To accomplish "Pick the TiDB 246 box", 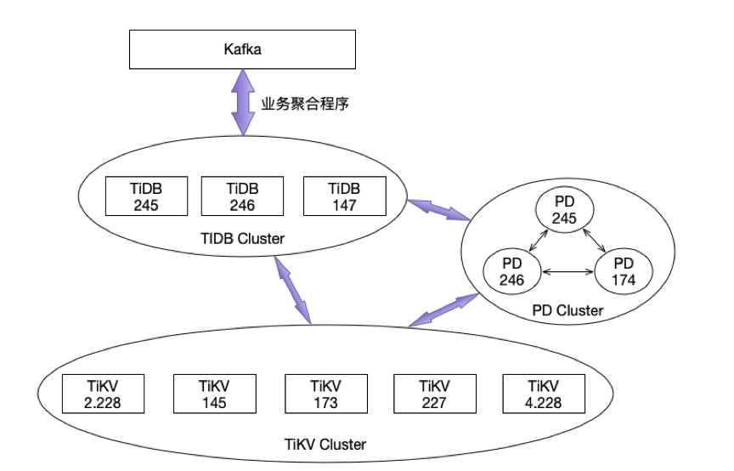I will (x=242, y=196).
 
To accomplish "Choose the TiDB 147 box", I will (x=343, y=196).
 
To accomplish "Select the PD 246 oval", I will (x=512, y=270).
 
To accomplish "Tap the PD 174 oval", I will (x=624, y=270).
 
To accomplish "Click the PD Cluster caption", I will (x=567, y=311).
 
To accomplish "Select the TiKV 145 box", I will (x=215, y=394).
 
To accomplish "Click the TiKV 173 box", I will (x=324, y=394).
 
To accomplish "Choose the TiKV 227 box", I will (x=434, y=394).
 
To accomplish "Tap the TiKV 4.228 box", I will (x=544, y=394).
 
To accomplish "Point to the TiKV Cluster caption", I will (x=325, y=444).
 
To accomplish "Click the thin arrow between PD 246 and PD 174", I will (x=567, y=272).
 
